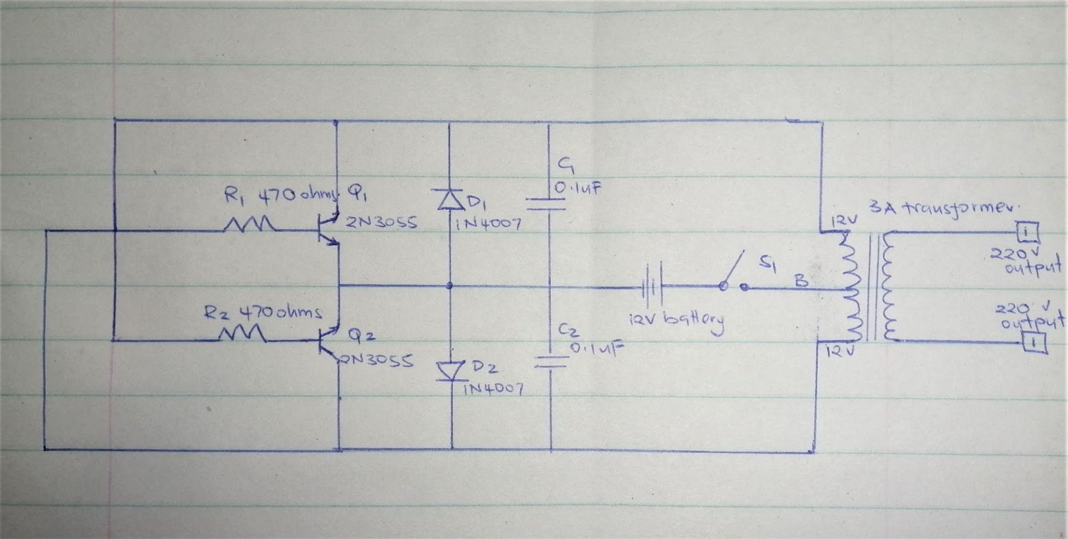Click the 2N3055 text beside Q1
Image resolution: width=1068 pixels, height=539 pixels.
pos(381,224)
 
